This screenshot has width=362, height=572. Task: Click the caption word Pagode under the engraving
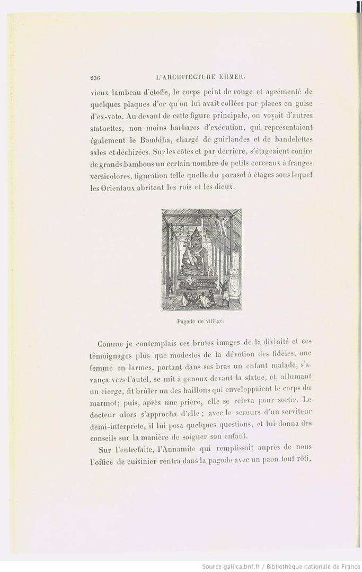186,321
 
